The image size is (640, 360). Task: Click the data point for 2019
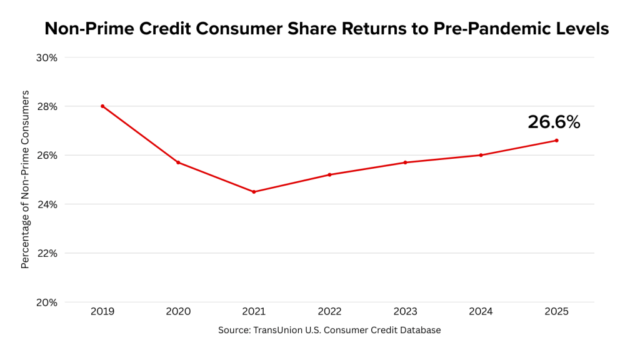[x=102, y=106]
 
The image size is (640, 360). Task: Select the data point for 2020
[x=178, y=162]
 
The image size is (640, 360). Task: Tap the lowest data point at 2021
[x=254, y=192]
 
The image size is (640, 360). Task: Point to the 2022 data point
[x=329, y=174]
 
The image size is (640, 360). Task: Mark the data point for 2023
[x=405, y=162]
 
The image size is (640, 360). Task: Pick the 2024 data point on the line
[x=481, y=155]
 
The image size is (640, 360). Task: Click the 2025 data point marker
[x=556, y=141]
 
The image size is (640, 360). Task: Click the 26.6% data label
[x=554, y=122]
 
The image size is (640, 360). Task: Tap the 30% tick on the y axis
[x=47, y=57]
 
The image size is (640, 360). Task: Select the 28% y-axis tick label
[x=47, y=106]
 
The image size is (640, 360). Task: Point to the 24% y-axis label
[x=47, y=204]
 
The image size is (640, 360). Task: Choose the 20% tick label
[x=47, y=302]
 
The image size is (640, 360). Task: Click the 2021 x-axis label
[x=254, y=311]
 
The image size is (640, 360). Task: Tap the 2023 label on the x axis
[x=405, y=311]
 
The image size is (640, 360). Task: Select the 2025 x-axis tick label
[x=556, y=311]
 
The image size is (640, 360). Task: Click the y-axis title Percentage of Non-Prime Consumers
[x=26, y=179]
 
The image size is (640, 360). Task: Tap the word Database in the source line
[x=419, y=330]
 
